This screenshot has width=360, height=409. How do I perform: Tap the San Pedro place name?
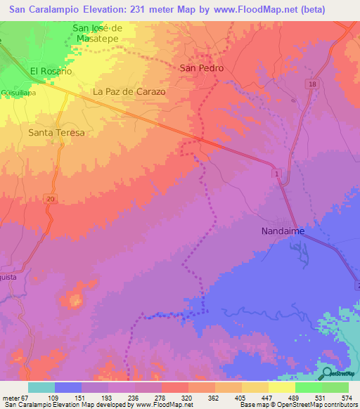[x=202, y=68]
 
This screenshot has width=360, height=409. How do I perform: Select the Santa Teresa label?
[x=56, y=132]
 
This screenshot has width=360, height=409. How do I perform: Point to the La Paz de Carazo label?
[x=129, y=92]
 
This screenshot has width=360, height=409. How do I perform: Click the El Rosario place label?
[x=51, y=72]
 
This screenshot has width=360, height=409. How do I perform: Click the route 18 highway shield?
[x=312, y=84]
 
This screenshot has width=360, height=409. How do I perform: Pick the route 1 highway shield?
[x=278, y=173]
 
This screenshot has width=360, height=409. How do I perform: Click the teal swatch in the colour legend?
[x=41, y=387]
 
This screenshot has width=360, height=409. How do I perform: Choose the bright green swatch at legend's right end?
[x=335, y=387]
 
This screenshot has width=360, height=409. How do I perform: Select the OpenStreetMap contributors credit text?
[x=314, y=405]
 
